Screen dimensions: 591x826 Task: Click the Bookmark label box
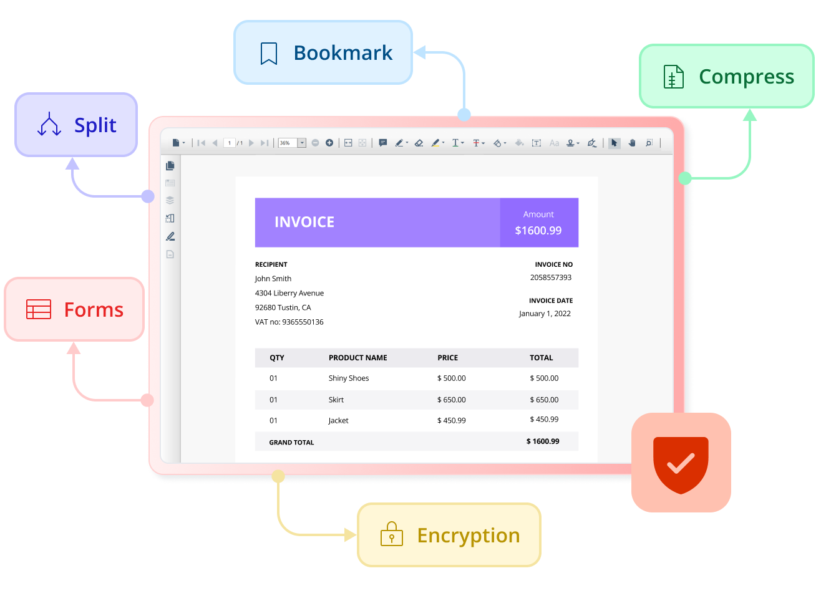click(x=323, y=53)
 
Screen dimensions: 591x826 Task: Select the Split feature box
click(x=76, y=125)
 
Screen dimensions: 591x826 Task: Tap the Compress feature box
click(x=727, y=76)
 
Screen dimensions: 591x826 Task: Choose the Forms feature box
click(x=74, y=309)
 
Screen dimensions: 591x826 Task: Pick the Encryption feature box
click(x=449, y=535)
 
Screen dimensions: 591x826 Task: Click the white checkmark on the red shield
click(x=681, y=463)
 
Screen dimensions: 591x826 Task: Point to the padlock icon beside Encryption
click(x=392, y=534)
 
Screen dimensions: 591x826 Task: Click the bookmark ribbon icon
click(x=269, y=54)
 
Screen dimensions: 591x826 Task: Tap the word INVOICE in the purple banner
click(x=304, y=222)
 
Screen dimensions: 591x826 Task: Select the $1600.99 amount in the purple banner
click(x=538, y=231)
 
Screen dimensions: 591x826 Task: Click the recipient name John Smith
click(x=273, y=279)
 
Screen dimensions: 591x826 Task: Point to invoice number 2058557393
click(x=551, y=277)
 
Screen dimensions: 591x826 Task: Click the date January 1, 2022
click(x=545, y=314)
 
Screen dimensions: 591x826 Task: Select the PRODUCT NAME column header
click(x=358, y=358)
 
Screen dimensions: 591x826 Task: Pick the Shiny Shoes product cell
click(x=349, y=378)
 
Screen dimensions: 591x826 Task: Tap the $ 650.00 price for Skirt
click(x=452, y=400)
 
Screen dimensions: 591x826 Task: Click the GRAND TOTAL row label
click(x=291, y=443)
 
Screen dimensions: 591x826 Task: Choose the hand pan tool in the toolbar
click(x=632, y=143)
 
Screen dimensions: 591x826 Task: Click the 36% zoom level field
click(x=288, y=143)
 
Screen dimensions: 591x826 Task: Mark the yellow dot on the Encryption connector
click(x=278, y=477)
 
